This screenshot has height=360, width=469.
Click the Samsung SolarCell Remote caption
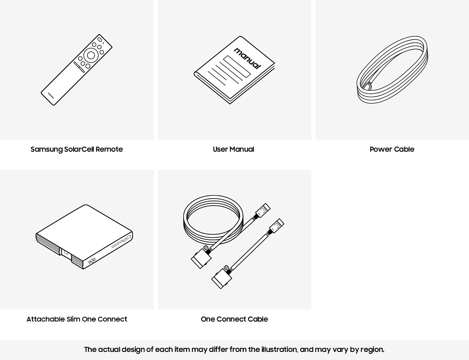pyautogui.click(x=76, y=149)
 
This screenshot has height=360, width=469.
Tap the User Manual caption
pyautogui.click(x=234, y=149)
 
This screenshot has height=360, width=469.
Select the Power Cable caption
pyautogui.click(x=392, y=149)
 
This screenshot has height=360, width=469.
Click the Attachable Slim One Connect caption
pyautogui.click(x=77, y=319)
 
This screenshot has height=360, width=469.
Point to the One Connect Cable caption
pyautogui.click(x=234, y=319)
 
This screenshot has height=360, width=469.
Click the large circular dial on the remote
pyautogui.click(x=91, y=55)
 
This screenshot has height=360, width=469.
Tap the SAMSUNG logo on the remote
pyautogui.click(x=51, y=95)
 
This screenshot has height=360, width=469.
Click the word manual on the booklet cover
pyautogui.click(x=247, y=58)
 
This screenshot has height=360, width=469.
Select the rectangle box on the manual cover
pyautogui.click(x=237, y=67)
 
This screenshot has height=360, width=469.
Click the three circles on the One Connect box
pyautogui.click(x=92, y=261)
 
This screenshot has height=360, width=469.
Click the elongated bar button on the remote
pyautogui.click(x=79, y=67)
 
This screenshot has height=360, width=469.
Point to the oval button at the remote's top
pyautogui.click(x=99, y=40)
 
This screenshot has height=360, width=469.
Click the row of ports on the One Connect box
pyautogui.click(x=121, y=241)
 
